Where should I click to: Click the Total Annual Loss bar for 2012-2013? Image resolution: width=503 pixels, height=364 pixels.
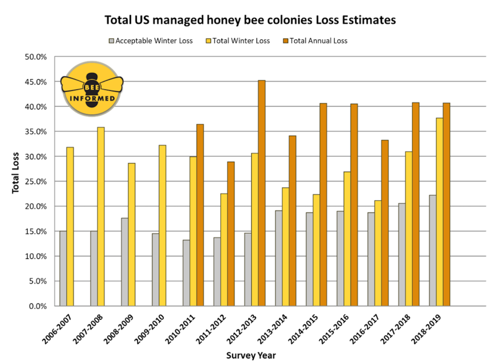261,193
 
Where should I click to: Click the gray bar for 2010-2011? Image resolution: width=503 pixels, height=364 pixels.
186,272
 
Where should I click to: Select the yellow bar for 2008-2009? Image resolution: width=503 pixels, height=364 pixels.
132,234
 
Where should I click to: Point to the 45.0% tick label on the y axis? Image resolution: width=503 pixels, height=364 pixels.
36,82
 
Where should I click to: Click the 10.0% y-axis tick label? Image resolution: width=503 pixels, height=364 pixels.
36,256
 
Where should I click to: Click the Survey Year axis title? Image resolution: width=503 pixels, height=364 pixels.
252,355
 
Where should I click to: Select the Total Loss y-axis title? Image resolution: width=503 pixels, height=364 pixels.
15,173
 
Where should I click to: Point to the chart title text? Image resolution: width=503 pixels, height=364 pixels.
250,20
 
